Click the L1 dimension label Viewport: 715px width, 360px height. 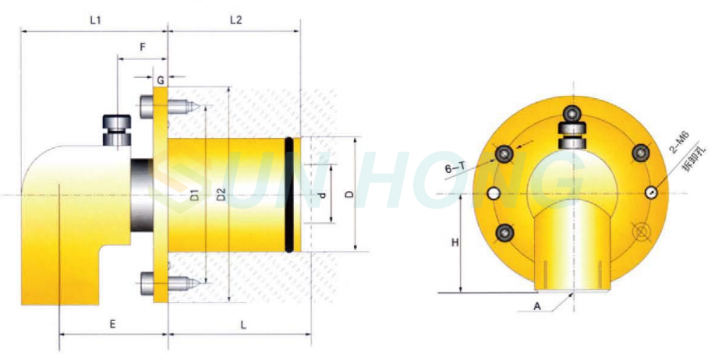pos(94,21)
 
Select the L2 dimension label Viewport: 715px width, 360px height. pos(235,21)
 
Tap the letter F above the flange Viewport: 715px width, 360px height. pos(142,47)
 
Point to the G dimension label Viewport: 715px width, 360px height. pos(160,80)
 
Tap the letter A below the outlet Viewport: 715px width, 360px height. pos(537,306)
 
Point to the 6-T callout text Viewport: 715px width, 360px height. pos(455,168)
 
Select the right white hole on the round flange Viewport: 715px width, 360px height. pos(652,193)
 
